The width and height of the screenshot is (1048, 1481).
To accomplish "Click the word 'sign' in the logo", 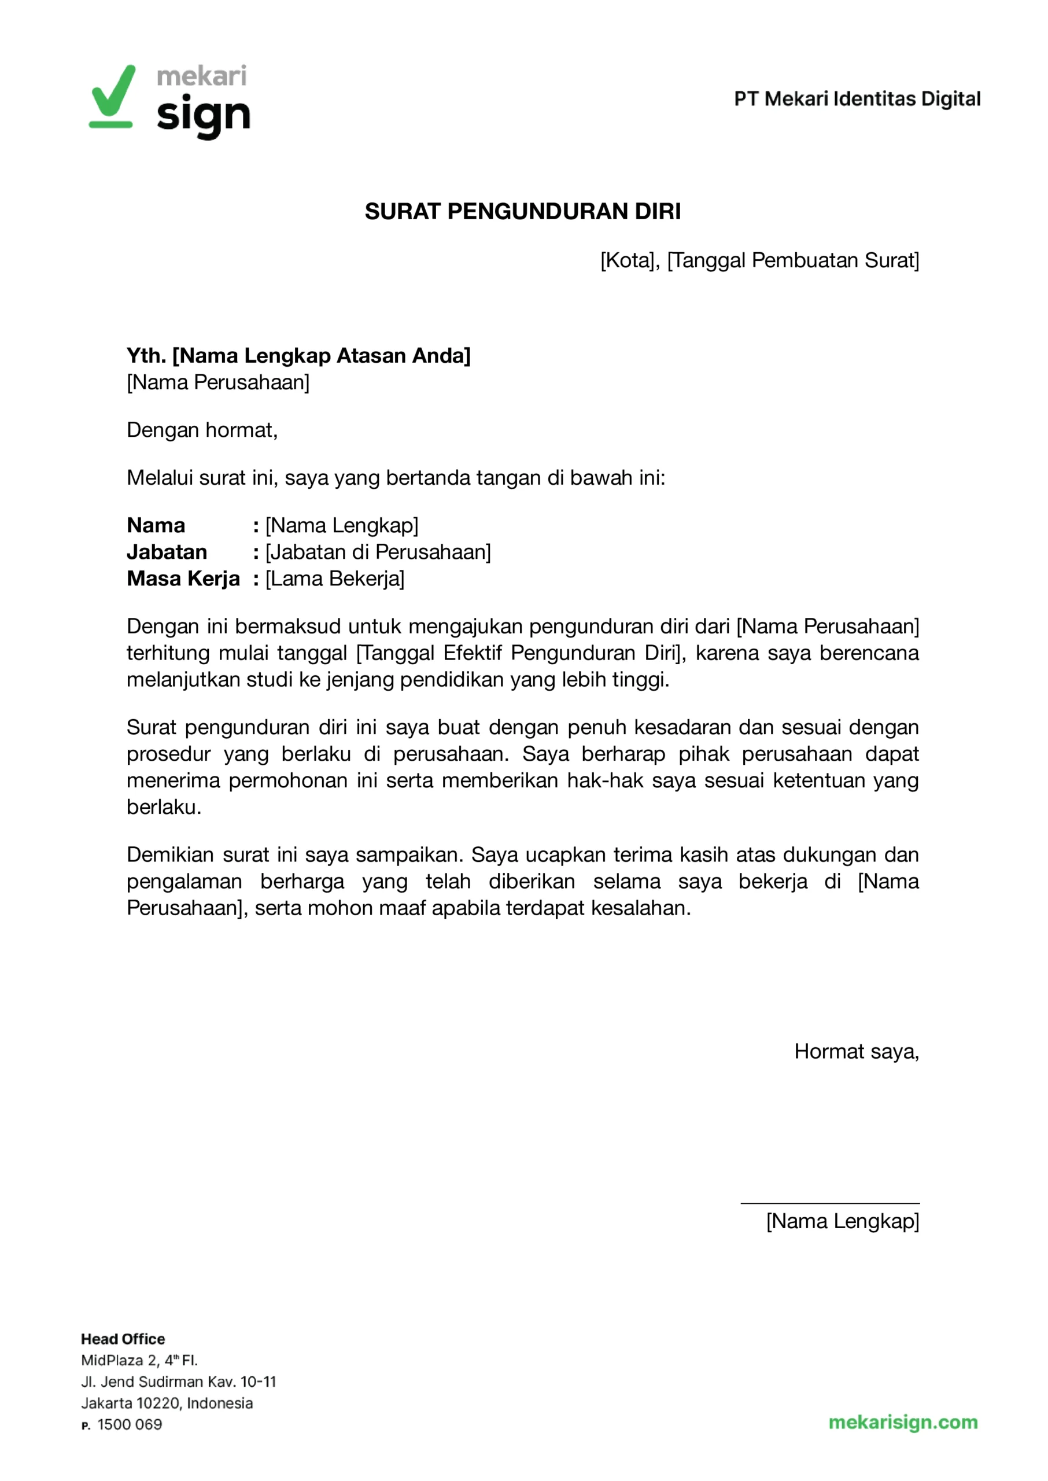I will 203,116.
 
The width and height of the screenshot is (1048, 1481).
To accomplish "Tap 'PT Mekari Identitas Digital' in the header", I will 857,99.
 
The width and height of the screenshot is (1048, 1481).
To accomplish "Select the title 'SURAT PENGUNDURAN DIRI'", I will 523,212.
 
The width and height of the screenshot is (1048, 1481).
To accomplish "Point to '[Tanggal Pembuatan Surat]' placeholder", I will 793,261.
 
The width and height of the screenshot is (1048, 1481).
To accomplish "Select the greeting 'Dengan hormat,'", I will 202,430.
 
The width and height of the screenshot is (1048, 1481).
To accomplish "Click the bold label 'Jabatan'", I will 167,552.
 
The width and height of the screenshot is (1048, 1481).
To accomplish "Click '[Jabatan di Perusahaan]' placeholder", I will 378,552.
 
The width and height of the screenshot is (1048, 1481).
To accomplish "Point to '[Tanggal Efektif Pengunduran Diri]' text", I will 520,653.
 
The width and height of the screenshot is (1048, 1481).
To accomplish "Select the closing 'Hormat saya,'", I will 857,1051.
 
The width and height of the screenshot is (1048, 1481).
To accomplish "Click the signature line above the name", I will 830,1203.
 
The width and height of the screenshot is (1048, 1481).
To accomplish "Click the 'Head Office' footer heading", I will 123,1339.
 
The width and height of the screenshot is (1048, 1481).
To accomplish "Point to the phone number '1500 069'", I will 130,1424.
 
